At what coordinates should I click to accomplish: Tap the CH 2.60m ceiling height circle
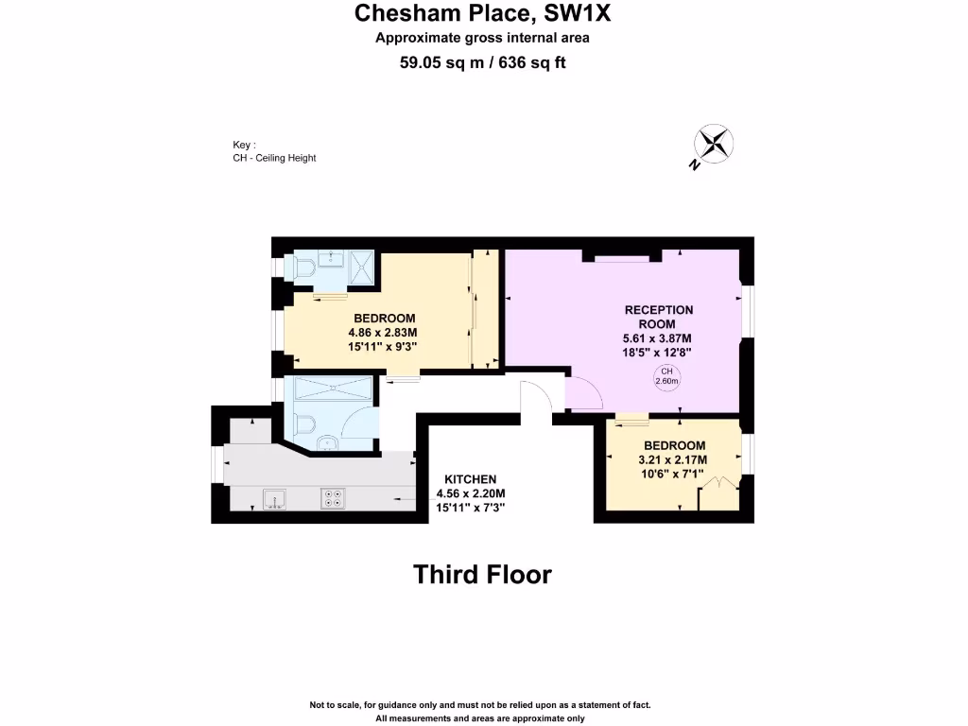[x=666, y=376]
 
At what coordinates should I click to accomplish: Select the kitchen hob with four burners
[x=333, y=497]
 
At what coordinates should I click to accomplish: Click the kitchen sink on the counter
[x=275, y=497]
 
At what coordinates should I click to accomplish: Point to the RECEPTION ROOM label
[x=659, y=317]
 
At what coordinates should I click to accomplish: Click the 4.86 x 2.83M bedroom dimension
[x=384, y=333]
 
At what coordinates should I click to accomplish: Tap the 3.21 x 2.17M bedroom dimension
[x=674, y=460]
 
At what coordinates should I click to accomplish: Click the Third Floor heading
[x=482, y=574]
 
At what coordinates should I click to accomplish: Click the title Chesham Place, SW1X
[x=483, y=14]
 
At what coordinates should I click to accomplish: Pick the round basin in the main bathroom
[x=325, y=442]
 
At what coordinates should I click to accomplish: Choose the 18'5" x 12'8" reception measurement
[x=659, y=352]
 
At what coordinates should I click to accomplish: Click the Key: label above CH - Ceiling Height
[x=244, y=145]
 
